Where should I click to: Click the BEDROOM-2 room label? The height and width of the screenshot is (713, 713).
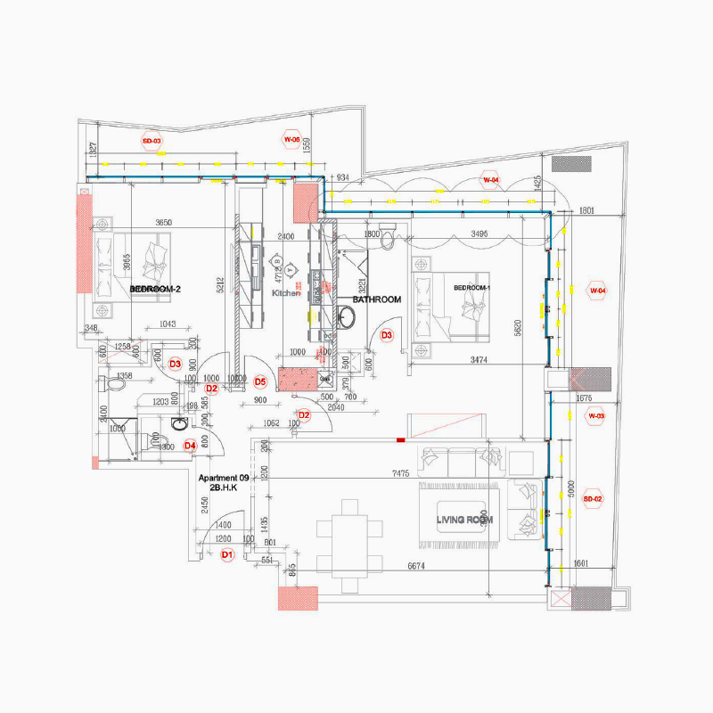pos(156,290)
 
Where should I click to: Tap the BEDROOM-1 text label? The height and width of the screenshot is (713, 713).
pos(471,288)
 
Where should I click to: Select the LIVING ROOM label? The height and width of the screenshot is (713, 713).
pos(465,520)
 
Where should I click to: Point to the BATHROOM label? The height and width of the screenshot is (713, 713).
pos(376,300)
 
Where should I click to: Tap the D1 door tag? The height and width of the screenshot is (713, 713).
pos(226,554)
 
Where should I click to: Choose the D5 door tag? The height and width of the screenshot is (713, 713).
pos(260,381)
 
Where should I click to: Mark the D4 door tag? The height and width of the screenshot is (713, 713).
pos(189,446)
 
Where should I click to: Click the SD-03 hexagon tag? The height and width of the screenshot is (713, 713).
pos(152,141)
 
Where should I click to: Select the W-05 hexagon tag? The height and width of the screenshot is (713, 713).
pos(291,140)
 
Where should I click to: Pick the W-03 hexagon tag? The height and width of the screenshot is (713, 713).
pos(595,416)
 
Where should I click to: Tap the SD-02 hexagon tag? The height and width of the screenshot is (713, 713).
pos(593,499)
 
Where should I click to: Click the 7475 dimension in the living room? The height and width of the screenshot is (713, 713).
pos(399,474)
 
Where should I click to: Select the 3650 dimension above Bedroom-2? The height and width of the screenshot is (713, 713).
pos(164,222)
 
